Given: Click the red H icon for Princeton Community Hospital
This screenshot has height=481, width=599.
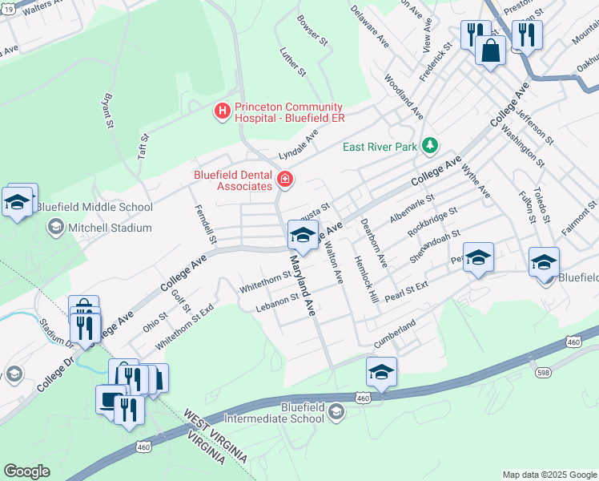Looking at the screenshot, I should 222,110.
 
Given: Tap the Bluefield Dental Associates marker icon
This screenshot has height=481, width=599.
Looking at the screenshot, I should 283,179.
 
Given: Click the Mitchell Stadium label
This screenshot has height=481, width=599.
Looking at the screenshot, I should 111,228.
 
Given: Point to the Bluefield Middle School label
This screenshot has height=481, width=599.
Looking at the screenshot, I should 94,208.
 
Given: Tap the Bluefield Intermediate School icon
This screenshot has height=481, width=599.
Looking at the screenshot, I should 336,412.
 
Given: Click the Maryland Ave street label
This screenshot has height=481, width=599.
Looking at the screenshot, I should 301,285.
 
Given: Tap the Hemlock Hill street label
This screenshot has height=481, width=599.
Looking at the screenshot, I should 370,285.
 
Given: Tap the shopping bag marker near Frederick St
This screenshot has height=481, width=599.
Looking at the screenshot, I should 490,50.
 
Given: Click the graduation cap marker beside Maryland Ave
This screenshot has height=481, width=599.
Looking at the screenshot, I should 302,235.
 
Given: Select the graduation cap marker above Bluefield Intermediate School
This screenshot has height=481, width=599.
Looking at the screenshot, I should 381,372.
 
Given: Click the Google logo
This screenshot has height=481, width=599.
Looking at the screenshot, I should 26,471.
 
